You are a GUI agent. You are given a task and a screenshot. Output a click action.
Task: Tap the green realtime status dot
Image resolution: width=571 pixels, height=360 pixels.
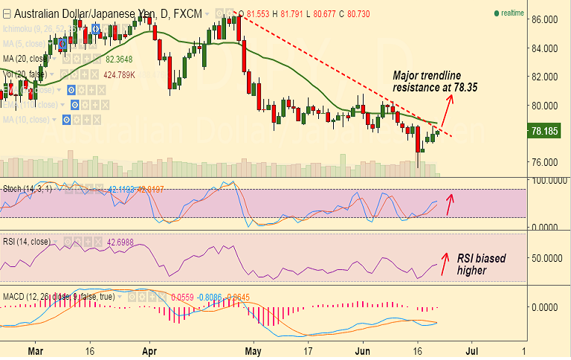(496, 13)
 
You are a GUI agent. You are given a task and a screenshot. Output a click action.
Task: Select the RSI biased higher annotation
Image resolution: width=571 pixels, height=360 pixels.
(481, 264)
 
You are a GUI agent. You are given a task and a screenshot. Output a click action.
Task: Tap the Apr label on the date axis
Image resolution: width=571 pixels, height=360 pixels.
(150, 348)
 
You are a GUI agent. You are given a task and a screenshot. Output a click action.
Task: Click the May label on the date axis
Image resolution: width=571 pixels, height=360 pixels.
(254, 348)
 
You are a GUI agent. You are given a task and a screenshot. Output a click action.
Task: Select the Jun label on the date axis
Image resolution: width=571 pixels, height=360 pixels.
(362, 348)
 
